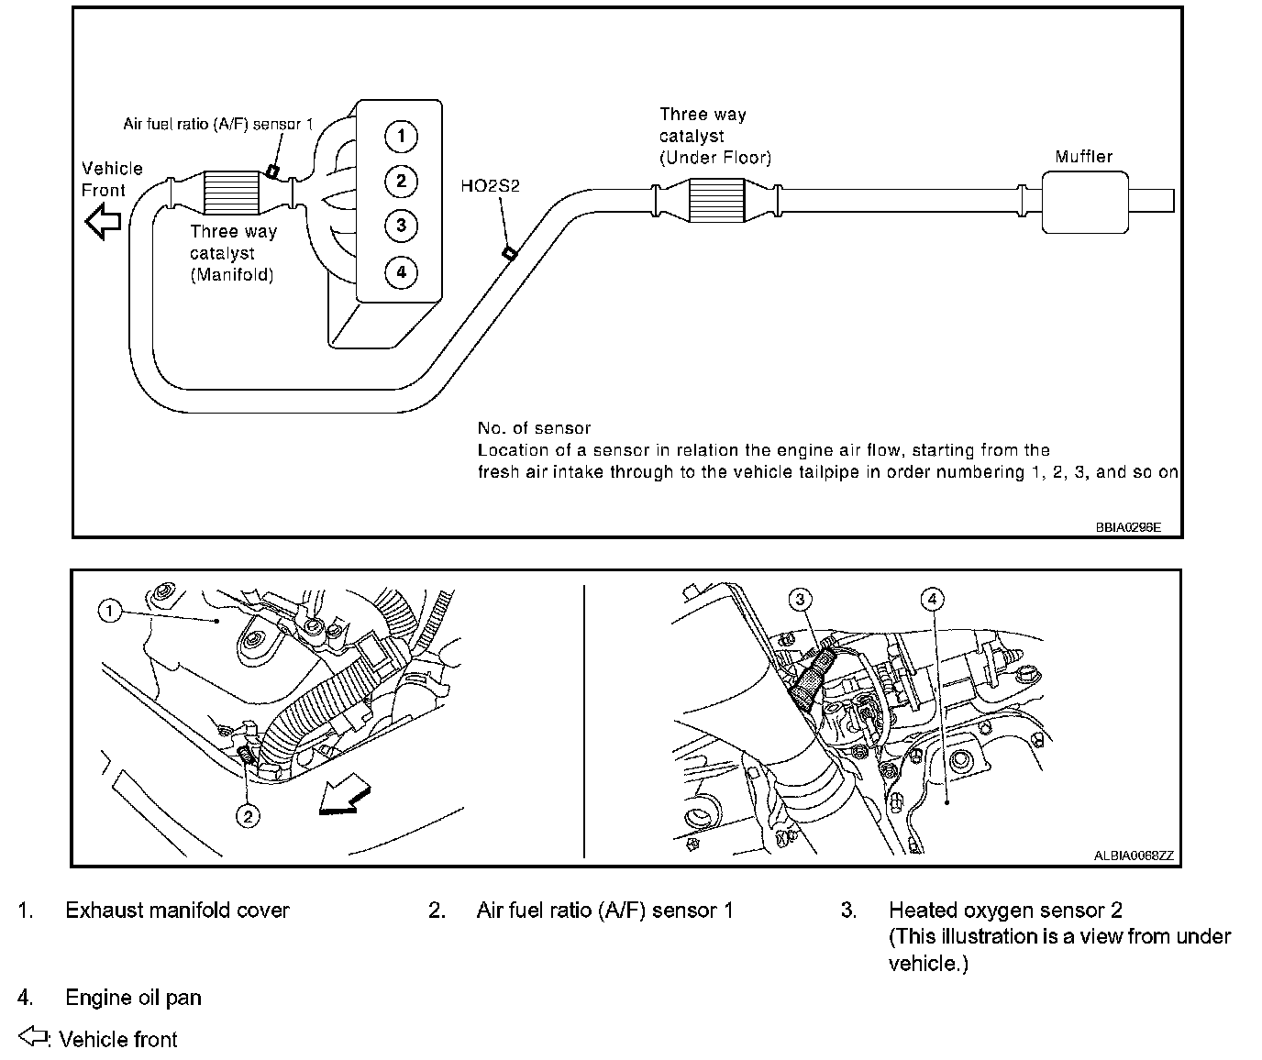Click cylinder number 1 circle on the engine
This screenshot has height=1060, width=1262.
point(401,137)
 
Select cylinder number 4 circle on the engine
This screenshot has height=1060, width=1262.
point(401,271)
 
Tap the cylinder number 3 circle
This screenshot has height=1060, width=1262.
point(401,225)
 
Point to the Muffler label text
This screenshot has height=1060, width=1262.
point(1083,157)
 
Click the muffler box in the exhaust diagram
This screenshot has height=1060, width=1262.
point(1084,201)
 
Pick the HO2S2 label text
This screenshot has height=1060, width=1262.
point(490,186)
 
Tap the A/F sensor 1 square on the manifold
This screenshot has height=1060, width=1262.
point(272,171)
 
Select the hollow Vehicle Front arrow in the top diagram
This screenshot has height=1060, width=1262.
point(104,222)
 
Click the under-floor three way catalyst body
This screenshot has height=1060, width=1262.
point(716,201)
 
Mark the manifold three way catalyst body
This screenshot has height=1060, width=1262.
point(232,193)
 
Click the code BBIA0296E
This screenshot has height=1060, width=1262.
point(1127,527)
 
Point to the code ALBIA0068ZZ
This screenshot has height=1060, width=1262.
point(1133,856)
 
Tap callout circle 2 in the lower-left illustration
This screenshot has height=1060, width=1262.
point(249,815)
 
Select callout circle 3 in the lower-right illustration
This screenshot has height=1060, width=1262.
point(800,600)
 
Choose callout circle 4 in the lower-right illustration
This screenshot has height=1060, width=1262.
point(932,600)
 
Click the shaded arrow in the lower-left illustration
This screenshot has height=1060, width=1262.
point(343,798)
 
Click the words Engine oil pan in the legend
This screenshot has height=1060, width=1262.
point(133,998)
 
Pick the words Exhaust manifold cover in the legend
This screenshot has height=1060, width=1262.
point(177,911)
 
